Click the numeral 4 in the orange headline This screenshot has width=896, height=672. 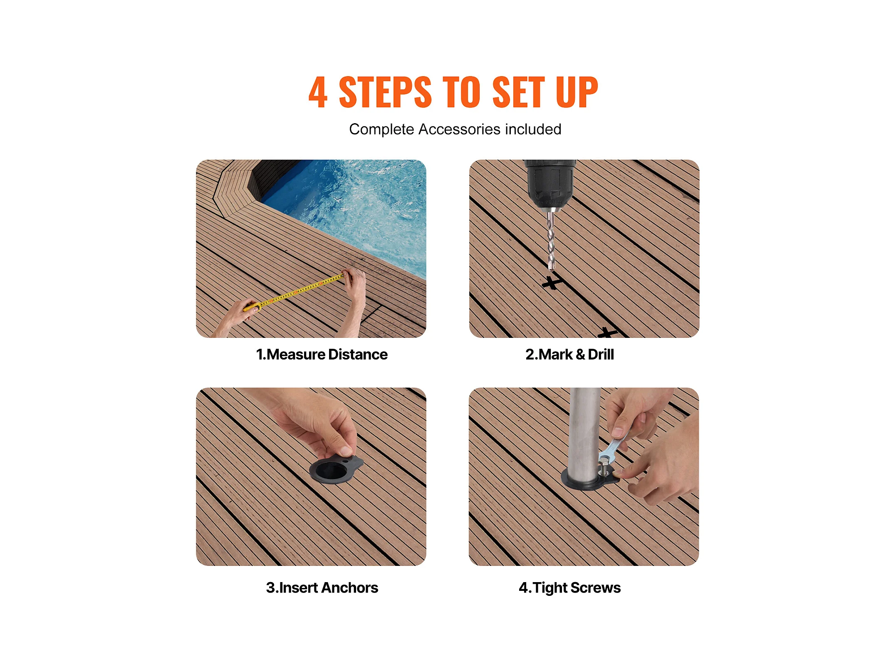(x=318, y=92)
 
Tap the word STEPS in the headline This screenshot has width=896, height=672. (x=385, y=92)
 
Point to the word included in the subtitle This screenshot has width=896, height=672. (x=533, y=129)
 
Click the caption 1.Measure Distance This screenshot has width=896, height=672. (x=322, y=355)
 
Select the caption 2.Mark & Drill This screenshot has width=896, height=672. (x=569, y=355)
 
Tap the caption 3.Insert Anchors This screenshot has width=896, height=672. (x=322, y=588)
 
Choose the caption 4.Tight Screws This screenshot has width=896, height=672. (x=569, y=588)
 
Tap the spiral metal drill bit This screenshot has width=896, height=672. (x=551, y=240)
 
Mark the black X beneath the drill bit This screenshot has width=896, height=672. (x=552, y=283)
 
